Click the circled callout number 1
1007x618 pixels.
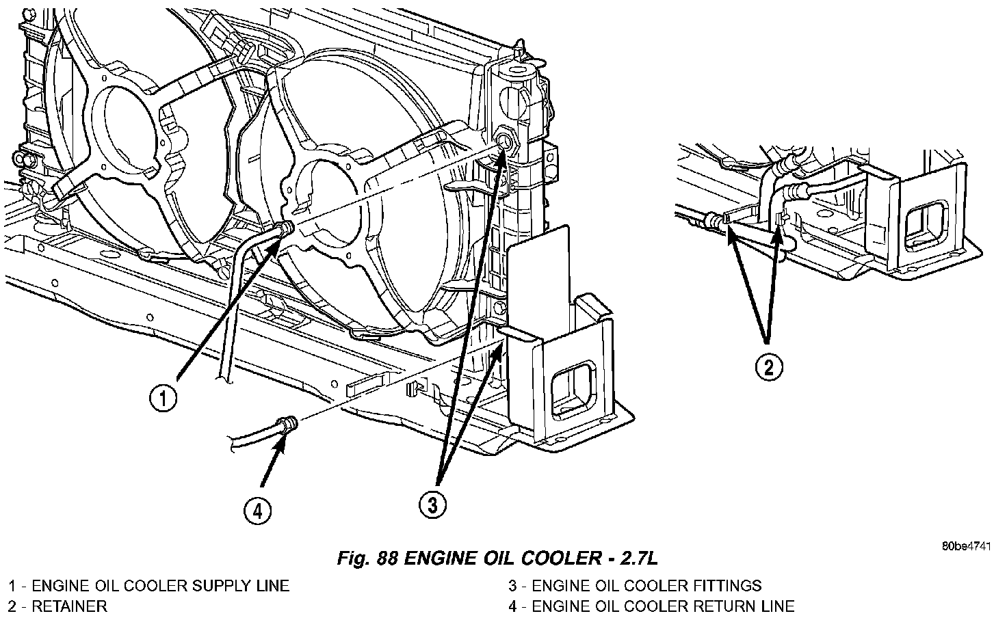click(163, 398)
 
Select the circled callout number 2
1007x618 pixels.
click(768, 367)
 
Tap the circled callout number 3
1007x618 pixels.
click(432, 505)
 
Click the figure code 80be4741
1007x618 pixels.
click(965, 546)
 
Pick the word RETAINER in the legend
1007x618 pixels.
click(69, 606)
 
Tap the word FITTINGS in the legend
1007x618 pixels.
click(726, 586)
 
